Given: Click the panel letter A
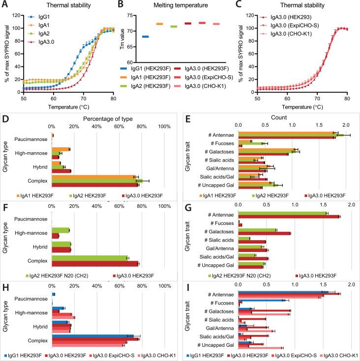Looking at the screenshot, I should pyautogui.click(x=4, y=4).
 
